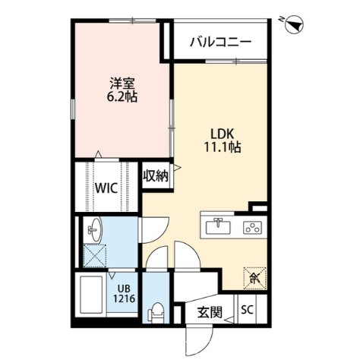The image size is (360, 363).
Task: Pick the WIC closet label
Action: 106,188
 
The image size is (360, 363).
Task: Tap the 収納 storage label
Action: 156,177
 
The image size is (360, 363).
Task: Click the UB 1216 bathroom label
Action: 124,293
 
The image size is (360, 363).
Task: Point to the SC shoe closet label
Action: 248,309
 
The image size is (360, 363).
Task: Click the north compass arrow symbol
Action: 293,24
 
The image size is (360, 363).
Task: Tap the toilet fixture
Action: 156,311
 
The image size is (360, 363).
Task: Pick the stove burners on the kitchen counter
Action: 251,226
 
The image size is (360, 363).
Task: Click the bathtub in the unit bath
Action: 92,298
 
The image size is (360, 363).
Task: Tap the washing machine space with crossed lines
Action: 96,256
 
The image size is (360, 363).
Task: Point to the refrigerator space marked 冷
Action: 251,277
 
